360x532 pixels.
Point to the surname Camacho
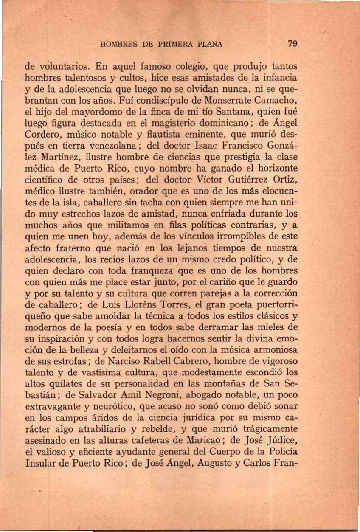coord(276,102)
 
